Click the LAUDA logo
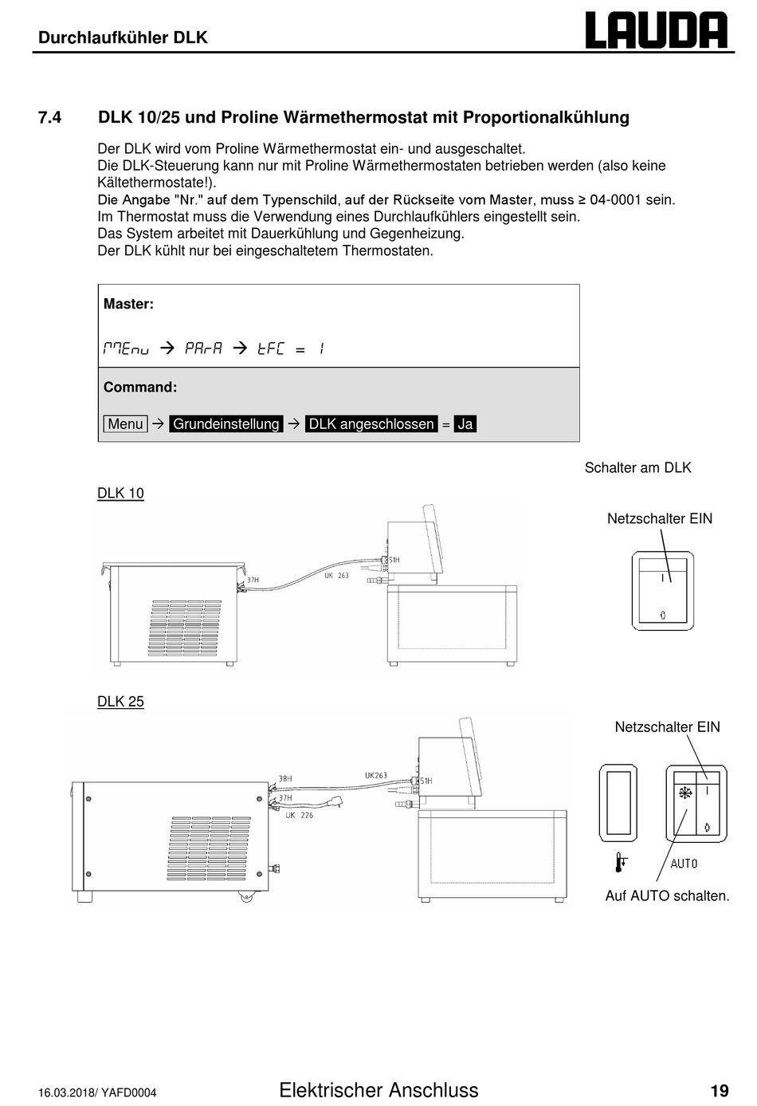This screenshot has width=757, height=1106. pos(657,30)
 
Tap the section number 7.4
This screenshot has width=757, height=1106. pos(50,117)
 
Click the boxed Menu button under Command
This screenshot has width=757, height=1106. pos(125,423)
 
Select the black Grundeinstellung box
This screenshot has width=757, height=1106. pos(226,423)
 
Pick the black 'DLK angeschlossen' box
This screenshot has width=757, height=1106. pos(371,423)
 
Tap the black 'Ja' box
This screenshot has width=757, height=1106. pos(465,423)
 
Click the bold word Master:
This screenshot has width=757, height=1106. pos(128,304)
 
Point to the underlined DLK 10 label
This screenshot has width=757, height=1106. pos(120,494)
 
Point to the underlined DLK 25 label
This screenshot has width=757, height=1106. pos(120,702)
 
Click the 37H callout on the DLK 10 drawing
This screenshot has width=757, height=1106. pos(253,580)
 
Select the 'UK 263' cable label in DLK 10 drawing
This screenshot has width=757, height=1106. pos(336,575)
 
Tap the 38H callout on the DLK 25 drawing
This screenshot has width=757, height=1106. pos(285,778)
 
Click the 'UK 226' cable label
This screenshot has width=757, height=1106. pos(299,815)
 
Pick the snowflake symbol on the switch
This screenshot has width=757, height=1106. pos(685,793)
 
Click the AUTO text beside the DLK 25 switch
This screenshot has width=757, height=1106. pos(684,864)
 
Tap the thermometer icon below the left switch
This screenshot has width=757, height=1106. pos(621,862)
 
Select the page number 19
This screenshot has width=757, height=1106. pos(720,1090)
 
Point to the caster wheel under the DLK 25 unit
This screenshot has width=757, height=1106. pos(245,896)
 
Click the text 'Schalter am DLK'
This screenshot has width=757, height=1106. pos(637,467)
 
